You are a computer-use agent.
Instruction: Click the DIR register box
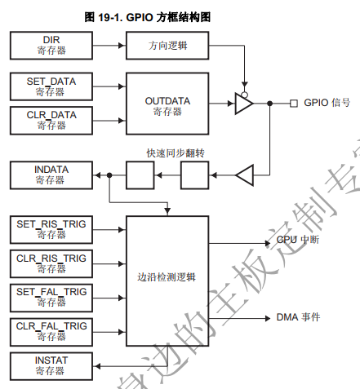51,45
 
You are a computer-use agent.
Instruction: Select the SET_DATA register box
51,86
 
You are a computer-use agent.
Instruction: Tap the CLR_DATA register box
51,120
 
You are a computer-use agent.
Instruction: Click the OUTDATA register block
167,104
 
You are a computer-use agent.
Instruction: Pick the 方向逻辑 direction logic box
167,45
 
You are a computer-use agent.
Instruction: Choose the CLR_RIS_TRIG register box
51,263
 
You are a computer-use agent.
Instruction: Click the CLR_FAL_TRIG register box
51,331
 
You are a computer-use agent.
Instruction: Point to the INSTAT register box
51,365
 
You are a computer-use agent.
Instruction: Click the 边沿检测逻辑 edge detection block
167,278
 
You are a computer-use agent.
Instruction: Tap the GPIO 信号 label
327,104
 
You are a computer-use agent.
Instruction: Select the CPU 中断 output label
296,241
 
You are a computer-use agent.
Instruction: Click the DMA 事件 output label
297,316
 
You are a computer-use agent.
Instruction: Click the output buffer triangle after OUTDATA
243,104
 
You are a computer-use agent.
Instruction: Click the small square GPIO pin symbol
293,104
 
